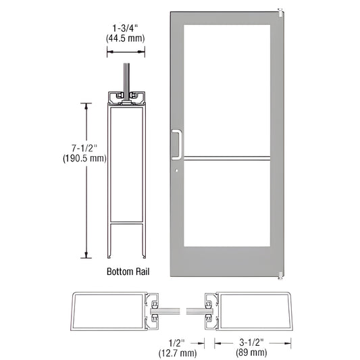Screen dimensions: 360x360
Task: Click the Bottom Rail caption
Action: click(x=128, y=272)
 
